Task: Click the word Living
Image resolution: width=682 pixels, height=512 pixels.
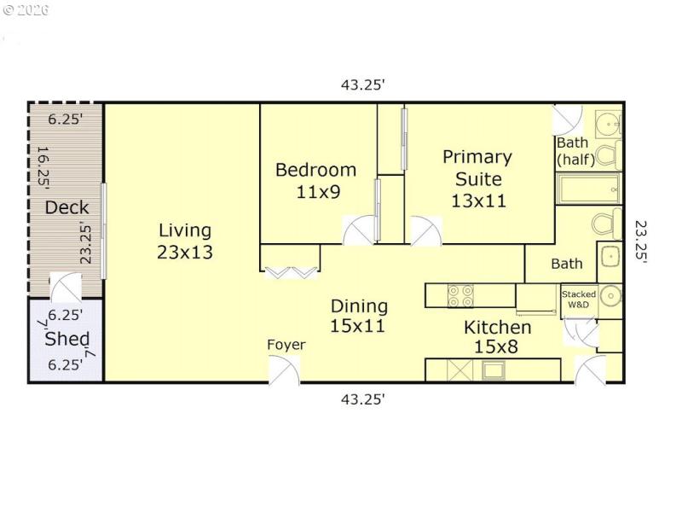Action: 185,230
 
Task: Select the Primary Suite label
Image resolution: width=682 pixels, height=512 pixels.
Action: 477,168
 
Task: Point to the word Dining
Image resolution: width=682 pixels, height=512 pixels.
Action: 359,305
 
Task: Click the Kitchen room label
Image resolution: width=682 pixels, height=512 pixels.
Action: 497,328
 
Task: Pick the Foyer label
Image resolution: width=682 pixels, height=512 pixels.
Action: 286,345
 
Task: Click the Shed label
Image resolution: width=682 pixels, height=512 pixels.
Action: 66,339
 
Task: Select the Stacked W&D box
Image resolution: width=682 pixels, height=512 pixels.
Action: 578,300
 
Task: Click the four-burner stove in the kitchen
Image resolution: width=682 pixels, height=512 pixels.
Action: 461,295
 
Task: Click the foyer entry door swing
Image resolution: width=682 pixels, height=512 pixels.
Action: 285,369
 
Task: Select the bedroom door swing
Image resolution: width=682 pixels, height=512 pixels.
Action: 359,230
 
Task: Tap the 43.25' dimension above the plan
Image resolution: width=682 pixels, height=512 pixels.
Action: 364,84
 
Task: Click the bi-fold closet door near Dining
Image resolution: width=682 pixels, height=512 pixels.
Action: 291,272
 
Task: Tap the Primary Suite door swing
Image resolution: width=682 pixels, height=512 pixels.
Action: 425,230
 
